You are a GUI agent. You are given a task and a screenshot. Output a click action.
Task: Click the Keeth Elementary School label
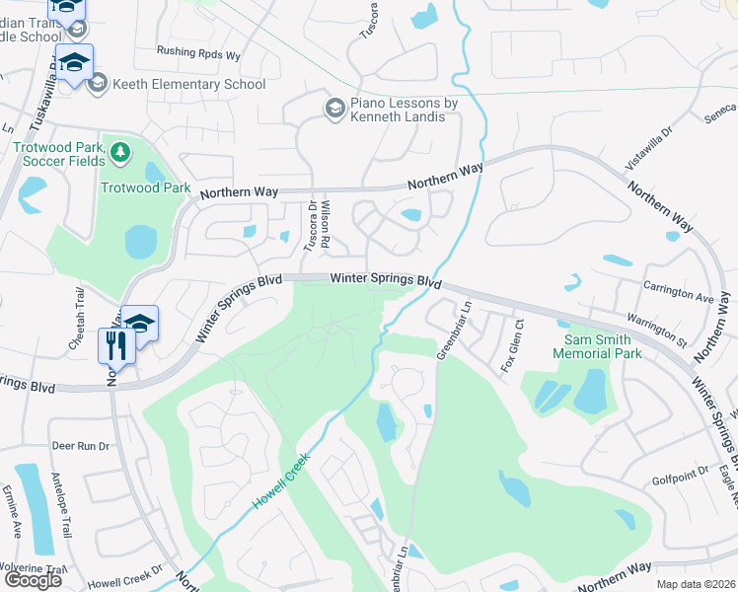(188, 84)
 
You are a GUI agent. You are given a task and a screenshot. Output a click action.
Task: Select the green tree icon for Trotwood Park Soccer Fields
(120, 152)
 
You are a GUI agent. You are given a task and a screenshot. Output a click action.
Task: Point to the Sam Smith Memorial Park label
(597, 345)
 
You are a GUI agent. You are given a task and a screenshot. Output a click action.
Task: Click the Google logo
(33, 580)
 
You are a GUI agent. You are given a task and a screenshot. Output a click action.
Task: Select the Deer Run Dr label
(81, 446)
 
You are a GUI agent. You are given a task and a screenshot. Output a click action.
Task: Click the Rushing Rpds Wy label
(198, 54)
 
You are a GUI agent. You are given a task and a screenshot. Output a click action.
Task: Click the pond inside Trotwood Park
(141, 240)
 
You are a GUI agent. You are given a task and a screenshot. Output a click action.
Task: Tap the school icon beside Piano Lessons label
(334, 108)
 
